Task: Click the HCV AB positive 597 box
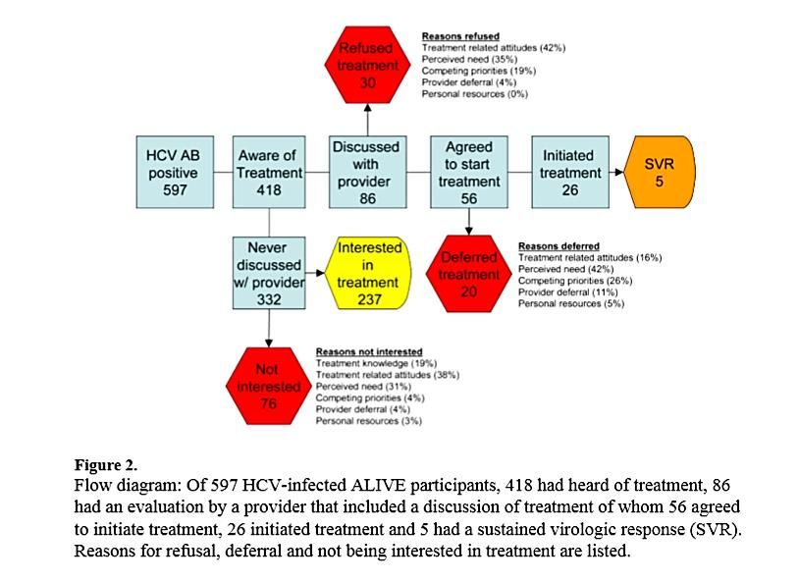172,172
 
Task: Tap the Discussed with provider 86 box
367,172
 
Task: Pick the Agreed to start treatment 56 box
469,172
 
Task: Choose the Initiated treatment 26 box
568,172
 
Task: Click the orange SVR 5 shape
660,173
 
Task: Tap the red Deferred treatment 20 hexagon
469,274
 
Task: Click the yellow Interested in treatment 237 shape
369,274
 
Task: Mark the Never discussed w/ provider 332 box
269,274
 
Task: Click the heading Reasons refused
461,36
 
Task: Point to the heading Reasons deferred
559,245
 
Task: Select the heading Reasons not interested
369,351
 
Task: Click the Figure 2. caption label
106,464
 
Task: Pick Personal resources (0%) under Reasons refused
474,94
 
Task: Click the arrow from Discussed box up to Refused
368,121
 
